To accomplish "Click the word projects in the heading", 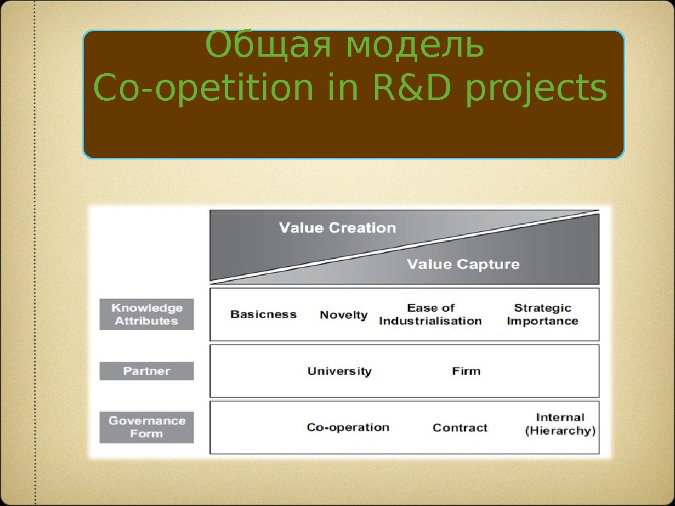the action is [536, 90].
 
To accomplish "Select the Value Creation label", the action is [337, 228].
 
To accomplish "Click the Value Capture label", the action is [463, 264].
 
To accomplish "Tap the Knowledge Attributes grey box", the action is [146, 314].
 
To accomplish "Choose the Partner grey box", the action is [146, 371].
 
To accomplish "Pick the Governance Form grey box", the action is [146, 427].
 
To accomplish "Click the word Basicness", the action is [263, 314].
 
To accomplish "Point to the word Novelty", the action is [343, 315].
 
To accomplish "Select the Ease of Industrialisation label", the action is [430, 314].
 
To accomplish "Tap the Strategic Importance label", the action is [542, 314].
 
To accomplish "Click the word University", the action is [339, 371].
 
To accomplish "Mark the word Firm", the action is [466, 371].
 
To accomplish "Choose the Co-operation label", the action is [348, 428].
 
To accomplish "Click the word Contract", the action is [460, 428].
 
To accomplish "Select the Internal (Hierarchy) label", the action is [560, 424].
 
